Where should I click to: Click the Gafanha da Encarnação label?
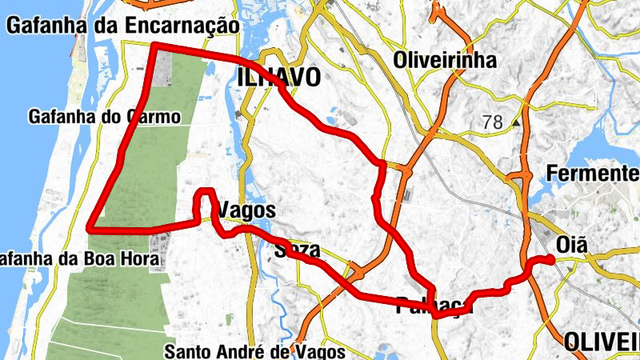pyautogui.click(x=122, y=26)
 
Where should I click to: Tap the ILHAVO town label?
pyautogui.click(x=279, y=77)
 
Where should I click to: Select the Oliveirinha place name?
pyautogui.click(x=445, y=60)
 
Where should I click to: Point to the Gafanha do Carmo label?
pyautogui.click(x=105, y=117)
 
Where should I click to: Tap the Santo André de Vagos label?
pyautogui.click(x=254, y=351)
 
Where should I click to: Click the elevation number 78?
pyautogui.click(x=493, y=122)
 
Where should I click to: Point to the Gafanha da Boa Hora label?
pyautogui.click(x=77, y=260)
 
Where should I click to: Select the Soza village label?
pyautogui.click(x=297, y=250)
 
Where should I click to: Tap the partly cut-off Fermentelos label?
pyautogui.click(x=592, y=174)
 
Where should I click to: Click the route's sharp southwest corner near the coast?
pyautogui.click(x=89, y=228)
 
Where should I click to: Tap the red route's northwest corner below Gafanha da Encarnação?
pyautogui.click(x=154, y=45)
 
